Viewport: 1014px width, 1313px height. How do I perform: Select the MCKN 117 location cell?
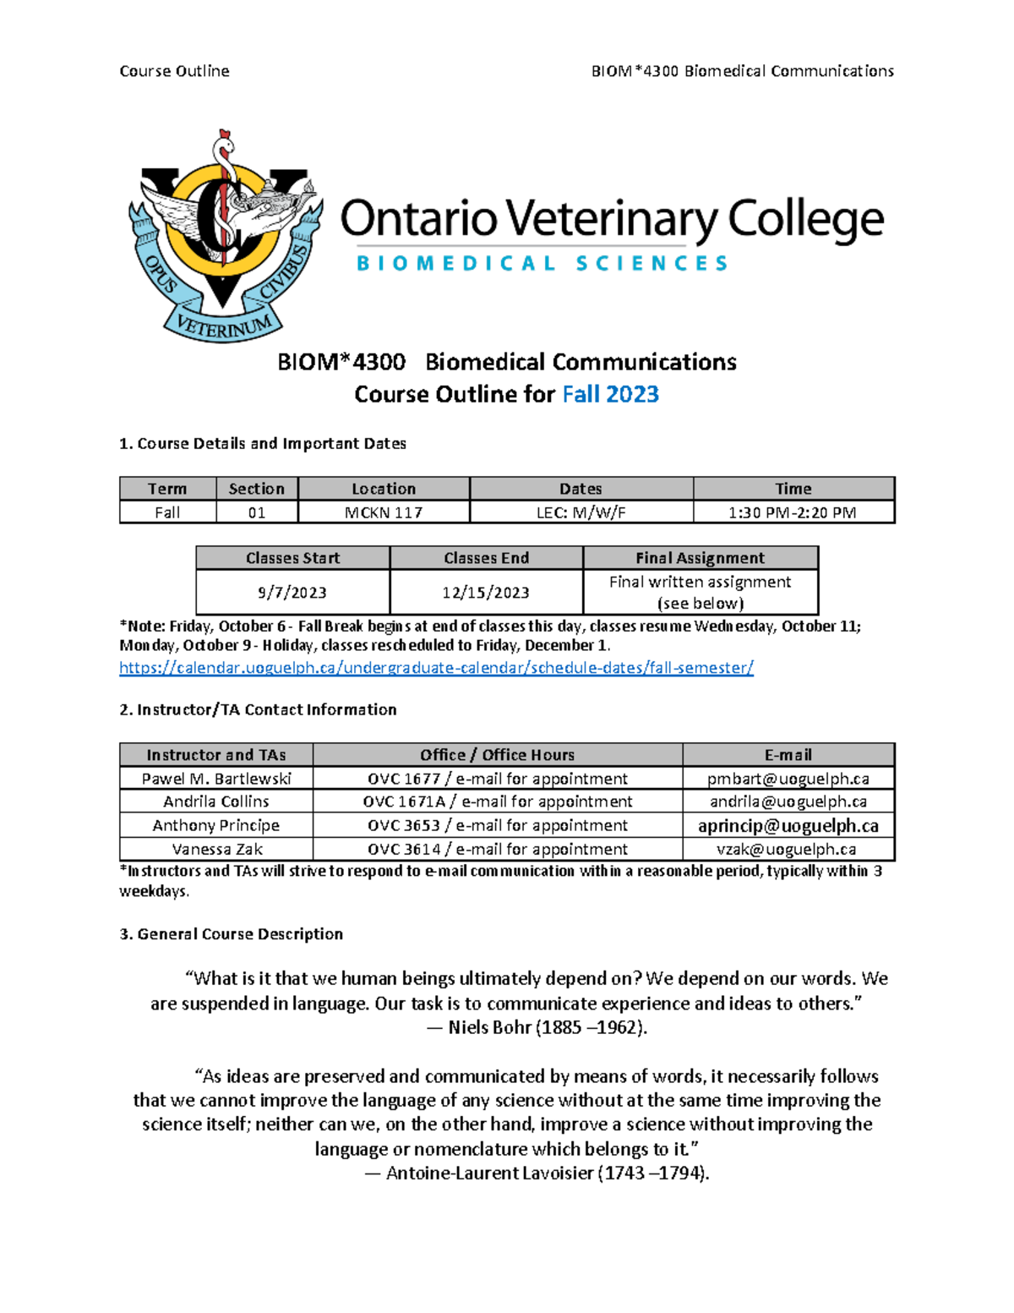pos(383,512)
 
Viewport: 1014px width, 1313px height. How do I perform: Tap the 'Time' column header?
pos(793,489)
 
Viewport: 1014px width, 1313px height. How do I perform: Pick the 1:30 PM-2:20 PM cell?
pos(793,512)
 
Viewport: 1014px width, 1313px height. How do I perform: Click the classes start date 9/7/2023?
pos(292,593)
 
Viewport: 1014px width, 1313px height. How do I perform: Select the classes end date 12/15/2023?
pos(486,593)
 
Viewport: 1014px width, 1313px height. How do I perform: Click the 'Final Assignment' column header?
pos(700,558)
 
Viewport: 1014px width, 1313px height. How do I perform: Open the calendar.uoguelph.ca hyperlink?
pos(436,668)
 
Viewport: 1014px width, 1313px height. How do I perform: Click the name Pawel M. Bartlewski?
pos(216,779)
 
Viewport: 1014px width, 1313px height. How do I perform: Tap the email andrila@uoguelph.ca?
pos(788,801)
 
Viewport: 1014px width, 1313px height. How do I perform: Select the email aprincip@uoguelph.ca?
pos(788,825)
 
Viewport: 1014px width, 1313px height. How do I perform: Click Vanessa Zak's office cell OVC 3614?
pos(497,849)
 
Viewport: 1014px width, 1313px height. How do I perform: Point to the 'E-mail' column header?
pos(788,755)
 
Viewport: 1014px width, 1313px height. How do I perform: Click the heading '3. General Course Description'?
pos(231,934)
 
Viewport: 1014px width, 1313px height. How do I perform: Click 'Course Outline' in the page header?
pos(174,71)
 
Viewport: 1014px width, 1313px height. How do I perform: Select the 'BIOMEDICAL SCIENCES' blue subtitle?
pos(542,264)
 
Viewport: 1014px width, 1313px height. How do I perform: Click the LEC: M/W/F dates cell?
pos(581,512)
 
